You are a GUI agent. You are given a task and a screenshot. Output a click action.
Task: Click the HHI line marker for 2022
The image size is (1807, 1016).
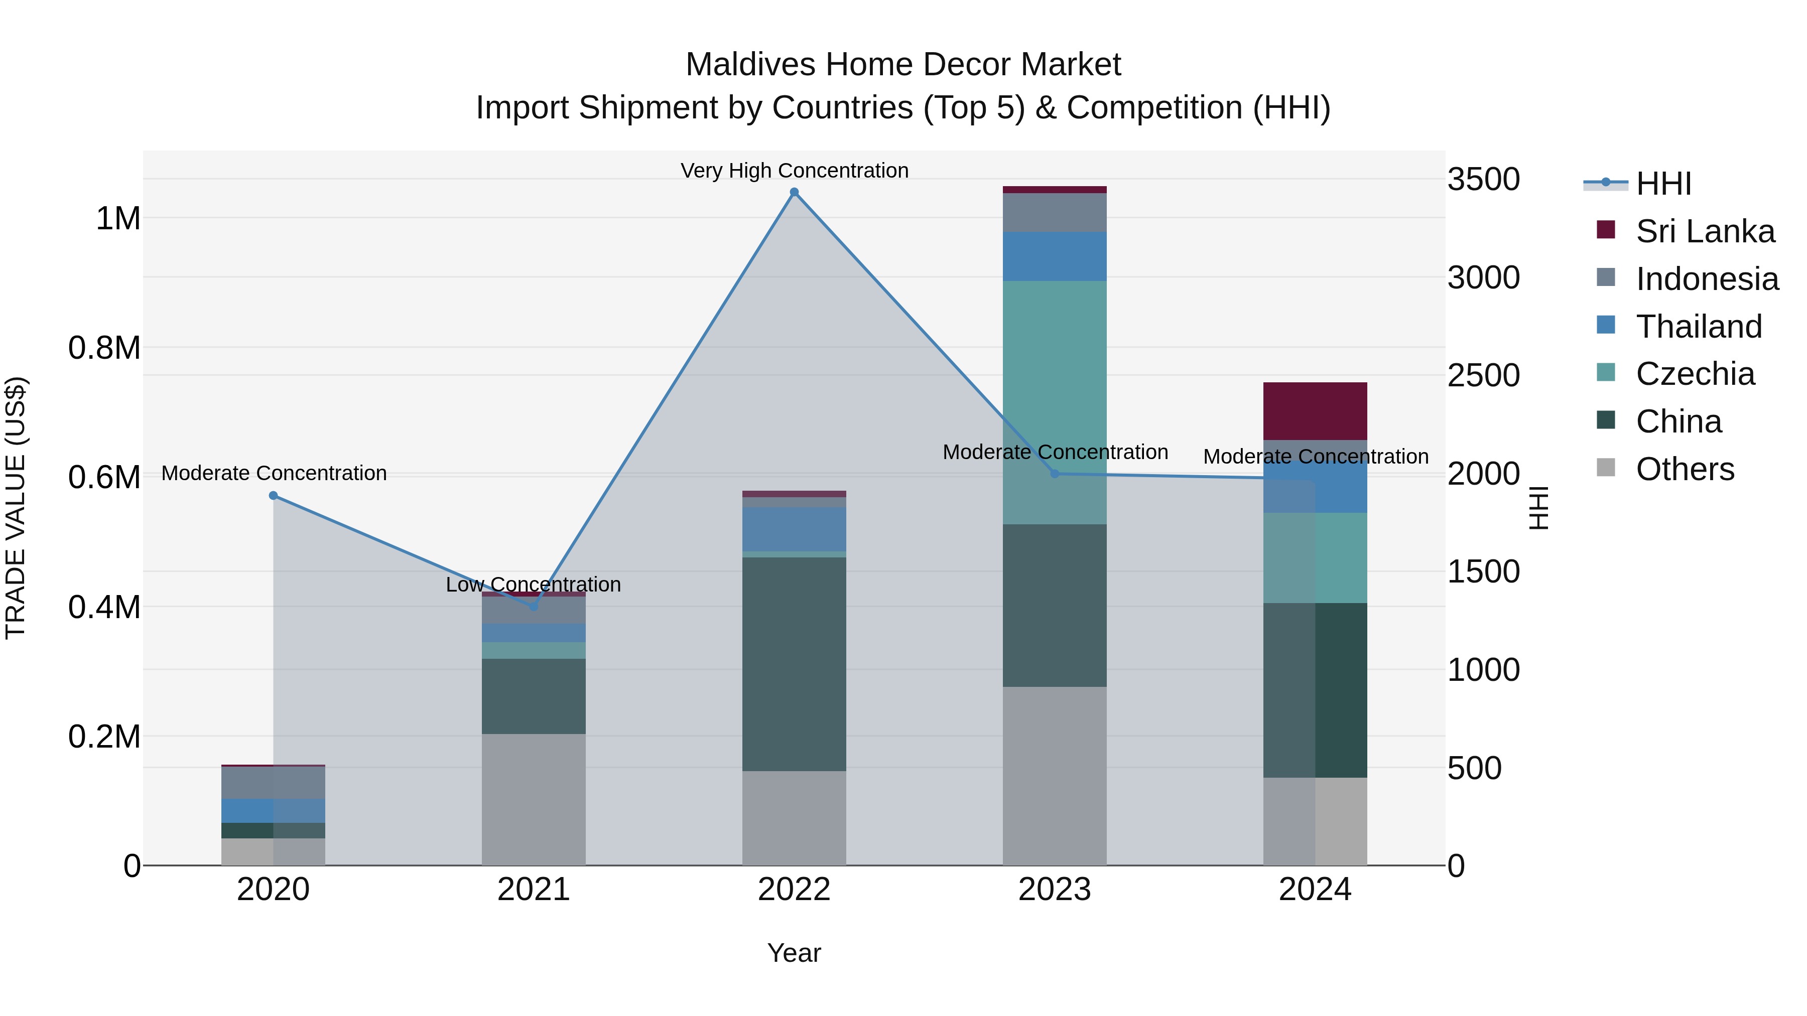click(x=794, y=192)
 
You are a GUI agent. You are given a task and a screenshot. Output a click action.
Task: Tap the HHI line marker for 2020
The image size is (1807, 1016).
click(x=274, y=496)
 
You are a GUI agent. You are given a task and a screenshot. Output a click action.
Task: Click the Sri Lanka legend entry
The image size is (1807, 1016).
click(x=1705, y=231)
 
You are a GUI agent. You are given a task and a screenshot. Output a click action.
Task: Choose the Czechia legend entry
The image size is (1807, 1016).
click(x=1695, y=374)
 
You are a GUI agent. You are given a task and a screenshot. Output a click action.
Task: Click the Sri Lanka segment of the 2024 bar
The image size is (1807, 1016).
click(x=1315, y=411)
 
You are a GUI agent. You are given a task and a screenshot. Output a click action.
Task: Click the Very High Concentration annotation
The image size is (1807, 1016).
click(x=794, y=171)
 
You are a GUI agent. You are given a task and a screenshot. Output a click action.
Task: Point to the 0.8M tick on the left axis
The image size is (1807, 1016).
click(x=104, y=348)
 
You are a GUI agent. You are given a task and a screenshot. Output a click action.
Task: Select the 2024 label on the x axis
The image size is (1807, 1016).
click(x=1315, y=890)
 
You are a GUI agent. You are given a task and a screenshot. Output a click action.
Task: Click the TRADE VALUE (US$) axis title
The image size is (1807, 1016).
click(x=16, y=508)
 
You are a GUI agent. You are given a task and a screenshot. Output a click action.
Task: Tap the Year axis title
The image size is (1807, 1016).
click(x=794, y=953)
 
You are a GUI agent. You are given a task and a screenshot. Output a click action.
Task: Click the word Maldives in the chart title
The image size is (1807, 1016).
click(x=750, y=65)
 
